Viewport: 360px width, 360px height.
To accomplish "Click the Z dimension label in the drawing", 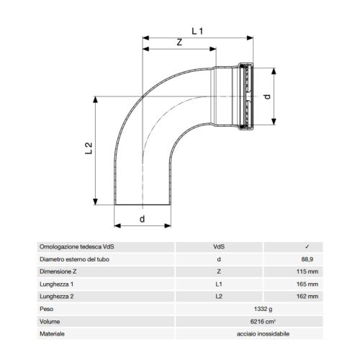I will pos(180,42).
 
